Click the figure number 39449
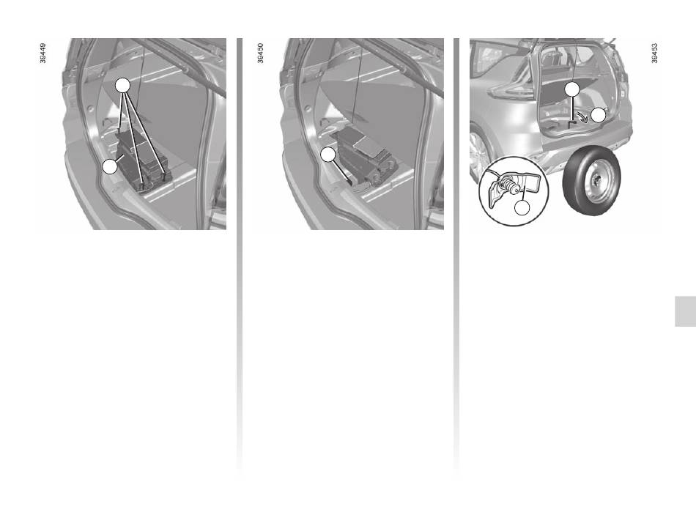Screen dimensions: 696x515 point(42,53)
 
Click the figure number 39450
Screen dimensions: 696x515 point(260,53)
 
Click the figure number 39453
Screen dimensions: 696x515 point(654,53)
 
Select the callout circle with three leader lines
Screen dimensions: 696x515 point(123,85)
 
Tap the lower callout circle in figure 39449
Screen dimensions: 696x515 point(110,166)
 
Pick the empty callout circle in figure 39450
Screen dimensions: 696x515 point(328,154)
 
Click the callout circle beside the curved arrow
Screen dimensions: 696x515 point(599,115)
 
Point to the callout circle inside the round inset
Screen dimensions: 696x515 point(522,208)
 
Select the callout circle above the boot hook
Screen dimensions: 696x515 point(572,89)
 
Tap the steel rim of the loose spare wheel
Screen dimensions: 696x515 point(597,182)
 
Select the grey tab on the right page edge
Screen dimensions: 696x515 point(685,311)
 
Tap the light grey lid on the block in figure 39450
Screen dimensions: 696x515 point(368,145)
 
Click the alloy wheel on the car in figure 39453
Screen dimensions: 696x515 point(478,153)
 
